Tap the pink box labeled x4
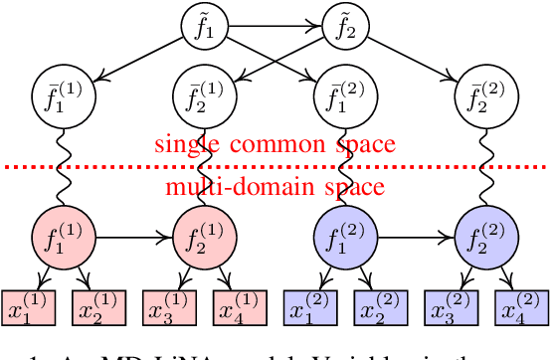241,308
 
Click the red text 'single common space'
275,143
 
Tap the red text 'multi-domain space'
275,187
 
